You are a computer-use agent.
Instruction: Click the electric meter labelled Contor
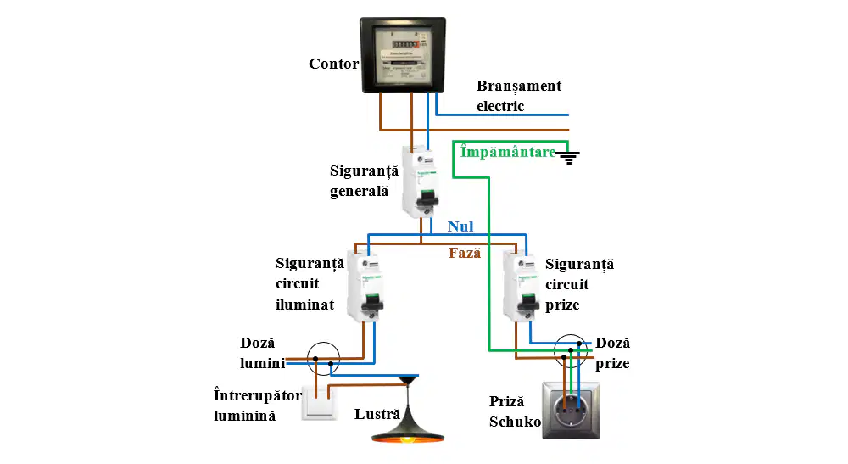click(403, 55)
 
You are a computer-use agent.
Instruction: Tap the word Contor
click(333, 64)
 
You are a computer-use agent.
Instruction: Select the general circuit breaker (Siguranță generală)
click(421, 182)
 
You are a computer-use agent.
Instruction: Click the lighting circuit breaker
click(365, 287)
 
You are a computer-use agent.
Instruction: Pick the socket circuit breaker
click(522, 287)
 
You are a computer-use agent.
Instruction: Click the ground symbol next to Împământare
click(568, 158)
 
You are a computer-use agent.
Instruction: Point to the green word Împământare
click(508, 152)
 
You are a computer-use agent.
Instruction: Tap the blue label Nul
click(460, 226)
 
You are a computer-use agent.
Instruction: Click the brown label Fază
click(465, 253)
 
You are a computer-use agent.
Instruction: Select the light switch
click(319, 402)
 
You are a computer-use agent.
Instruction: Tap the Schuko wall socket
click(571, 411)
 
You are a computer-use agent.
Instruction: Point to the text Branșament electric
click(519, 96)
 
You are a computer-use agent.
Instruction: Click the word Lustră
click(377, 414)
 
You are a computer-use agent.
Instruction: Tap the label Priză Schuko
click(515, 411)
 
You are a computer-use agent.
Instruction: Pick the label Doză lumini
click(262, 353)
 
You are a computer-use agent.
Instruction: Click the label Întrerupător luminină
click(258, 405)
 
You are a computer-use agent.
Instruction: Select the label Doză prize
click(613, 353)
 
